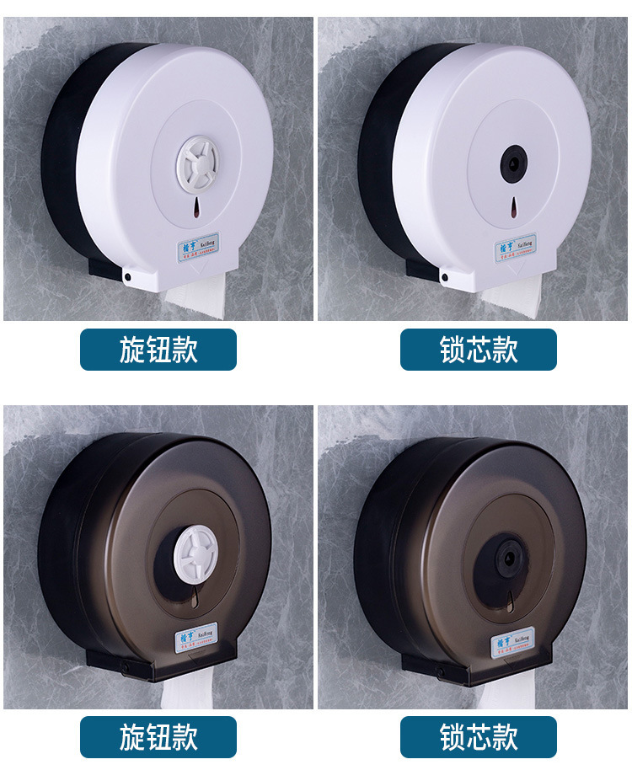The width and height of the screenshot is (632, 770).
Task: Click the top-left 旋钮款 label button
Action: coord(158,349)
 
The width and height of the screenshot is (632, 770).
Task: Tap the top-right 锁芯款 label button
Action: coord(478,349)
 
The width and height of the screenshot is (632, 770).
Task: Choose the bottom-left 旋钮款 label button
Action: coord(158,737)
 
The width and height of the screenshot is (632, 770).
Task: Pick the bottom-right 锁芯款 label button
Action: coord(478,737)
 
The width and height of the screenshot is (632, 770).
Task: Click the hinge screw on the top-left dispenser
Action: coord(126,275)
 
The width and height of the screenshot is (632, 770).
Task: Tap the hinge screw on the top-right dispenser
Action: coord(443,275)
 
